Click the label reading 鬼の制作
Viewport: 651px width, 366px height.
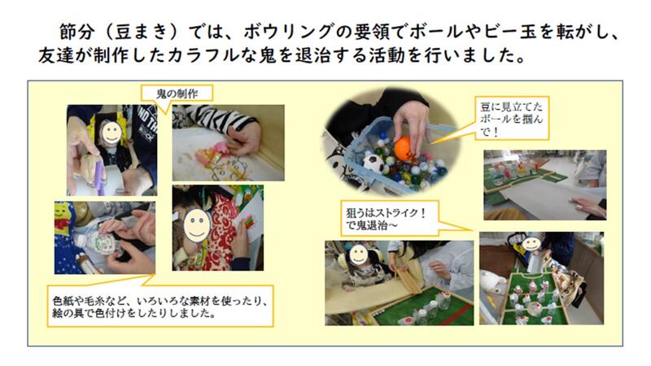pyautogui.click(x=177, y=94)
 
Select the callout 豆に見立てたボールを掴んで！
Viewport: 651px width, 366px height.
pyautogui.click(x=513, y=119)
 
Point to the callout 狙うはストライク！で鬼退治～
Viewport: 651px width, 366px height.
pyautogui.click(x=390, y=219)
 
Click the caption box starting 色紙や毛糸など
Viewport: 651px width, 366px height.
pyautogui.click(x=159, y=307)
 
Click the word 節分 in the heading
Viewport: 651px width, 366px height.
pyautogui.click(x=77, y=32)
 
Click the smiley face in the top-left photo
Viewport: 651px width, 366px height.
pyautogui.click(x=111, y=132)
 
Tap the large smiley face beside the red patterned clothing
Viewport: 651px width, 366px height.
pyautogui.click(x=197, y=225)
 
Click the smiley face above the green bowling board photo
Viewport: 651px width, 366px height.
pyautogui.click(x=531, y=243)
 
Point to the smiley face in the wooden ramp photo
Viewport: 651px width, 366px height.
pyautogui.click(x=358, y=255)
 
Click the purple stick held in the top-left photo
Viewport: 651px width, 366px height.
pyautogui.click(x=99, y=178)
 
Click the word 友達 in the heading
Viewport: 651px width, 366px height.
pyautogui.click(x=56, y=55)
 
